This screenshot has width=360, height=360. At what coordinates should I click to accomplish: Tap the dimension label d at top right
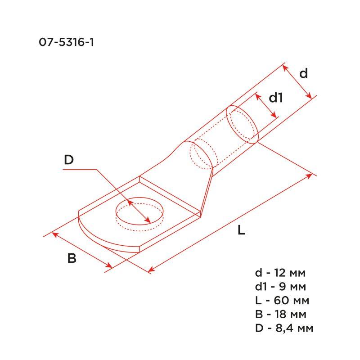click(x=304, y=73)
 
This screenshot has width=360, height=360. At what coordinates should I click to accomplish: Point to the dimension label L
click(x=242, y=231)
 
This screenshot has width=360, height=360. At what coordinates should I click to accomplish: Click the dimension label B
click(x=72, y=259)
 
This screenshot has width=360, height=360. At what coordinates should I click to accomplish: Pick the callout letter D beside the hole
click(x=68, y=159)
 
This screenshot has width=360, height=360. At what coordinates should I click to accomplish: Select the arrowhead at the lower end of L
click(x=151, y=270)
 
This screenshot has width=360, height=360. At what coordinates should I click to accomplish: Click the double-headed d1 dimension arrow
click(x=266, y=106)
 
